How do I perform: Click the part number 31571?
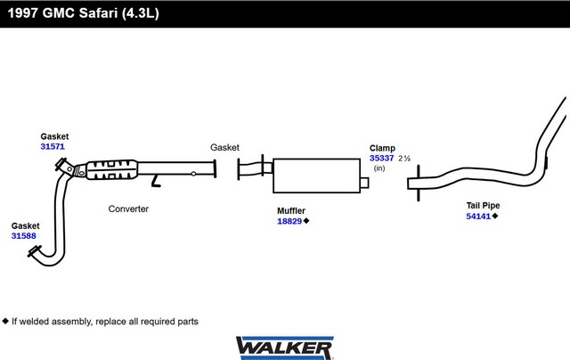tap(53, 146)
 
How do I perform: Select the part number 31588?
tap(24, 235)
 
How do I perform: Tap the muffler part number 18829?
tap(289, 221)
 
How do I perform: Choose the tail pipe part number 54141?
tap(478, 217)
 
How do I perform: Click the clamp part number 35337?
tap(382, 159)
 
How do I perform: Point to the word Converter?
tap(128, 209)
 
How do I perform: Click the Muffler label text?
tap(291, 210)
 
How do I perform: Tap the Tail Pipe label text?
tap(483, 206)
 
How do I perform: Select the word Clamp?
tap(382, 148)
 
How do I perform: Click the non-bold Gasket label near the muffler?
tap(224, 147)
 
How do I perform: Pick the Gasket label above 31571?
tap(54, 136)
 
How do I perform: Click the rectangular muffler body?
tap(317, 176)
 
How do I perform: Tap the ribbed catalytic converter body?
tap(112, 170)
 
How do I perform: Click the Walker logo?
tap(285, 348)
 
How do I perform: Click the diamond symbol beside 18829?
tap(306, 221)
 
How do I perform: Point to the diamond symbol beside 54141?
tap(495, 216)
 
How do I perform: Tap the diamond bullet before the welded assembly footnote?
tap(5, 321)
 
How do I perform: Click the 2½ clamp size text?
tap(404, 159)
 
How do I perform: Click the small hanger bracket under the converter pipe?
tap(156, 181)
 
